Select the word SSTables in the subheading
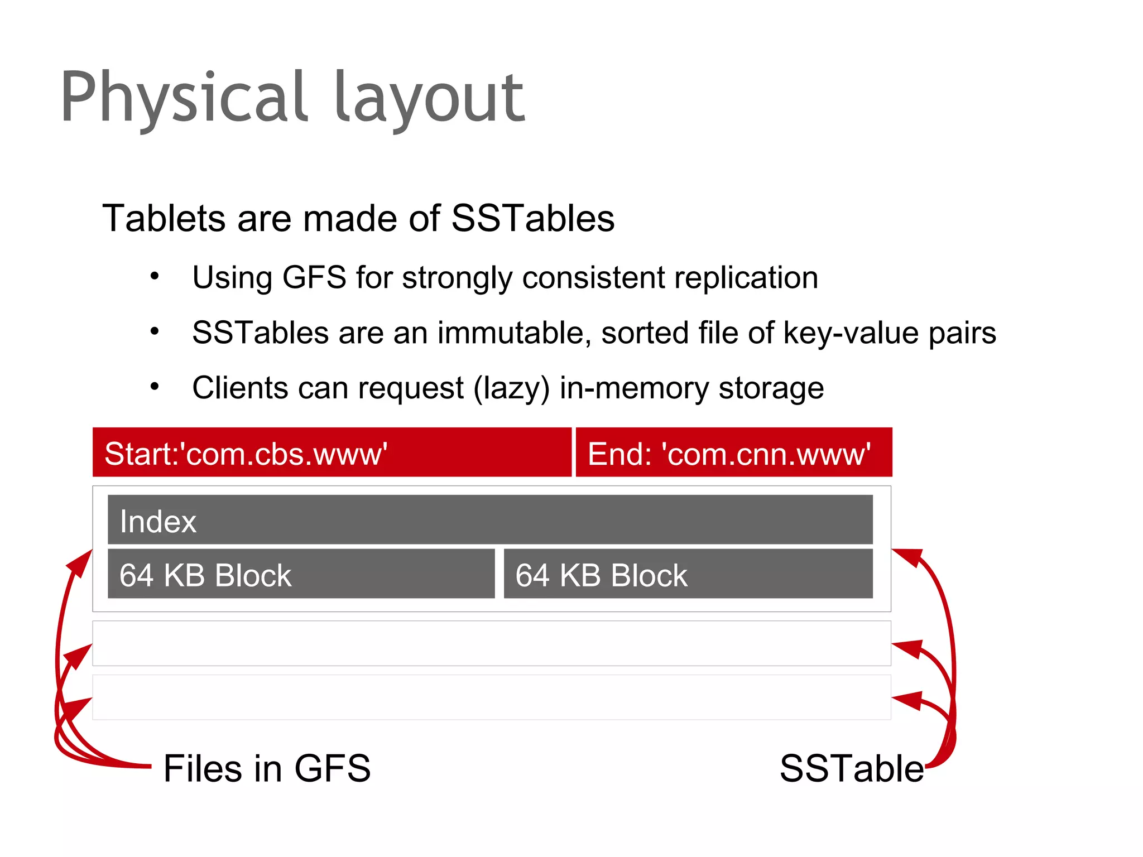pyautogui.click(x=532, y=218)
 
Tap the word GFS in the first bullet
pyautogui.click(x=314, y=277)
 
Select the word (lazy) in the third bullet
pyautogui.click(x=511, y=388)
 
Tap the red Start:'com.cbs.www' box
pyautogui.click(x=332, y=452)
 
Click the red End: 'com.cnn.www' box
pyautogui.click(x=733, y=452)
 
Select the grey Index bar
pyautogui.click(x=490, y=519)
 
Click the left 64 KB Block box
pyautogui.click(x=301, y=574)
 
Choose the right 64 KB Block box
pyautogui.click(x=688, y=574)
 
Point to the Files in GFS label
pyautogui.click(x=267, y=768)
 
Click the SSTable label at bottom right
pyautogui.click(x=851, y=768)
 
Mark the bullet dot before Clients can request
pyautogui.click(x=155, y=386)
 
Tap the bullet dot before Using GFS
pyautogui.click(x=155, y=276)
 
